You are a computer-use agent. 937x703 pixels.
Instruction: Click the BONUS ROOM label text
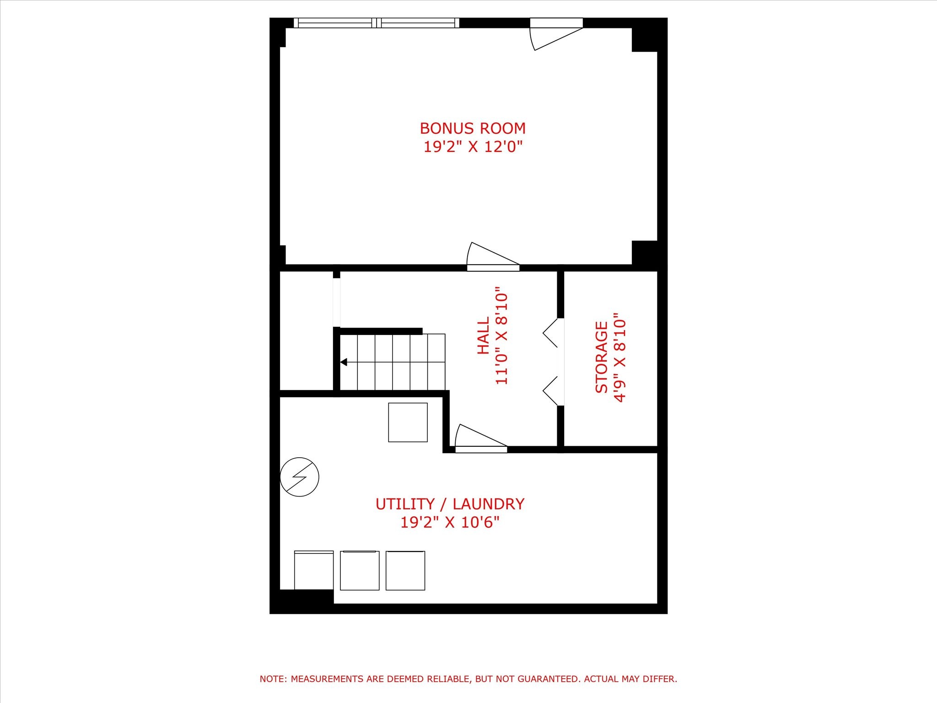[473, 128]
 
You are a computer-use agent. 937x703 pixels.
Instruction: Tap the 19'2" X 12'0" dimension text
[473, 147]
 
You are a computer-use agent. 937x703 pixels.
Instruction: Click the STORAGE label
[601, 357]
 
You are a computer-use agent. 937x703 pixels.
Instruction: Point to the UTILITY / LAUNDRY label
[450, 504]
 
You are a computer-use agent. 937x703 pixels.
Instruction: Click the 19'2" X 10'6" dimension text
[450, 522]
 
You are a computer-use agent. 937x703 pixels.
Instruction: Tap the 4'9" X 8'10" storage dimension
[619, 357]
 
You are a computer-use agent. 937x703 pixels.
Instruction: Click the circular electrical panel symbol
[299, 476]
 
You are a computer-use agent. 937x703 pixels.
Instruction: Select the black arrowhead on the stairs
[344, 362]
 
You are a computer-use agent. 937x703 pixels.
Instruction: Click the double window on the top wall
[376, 23]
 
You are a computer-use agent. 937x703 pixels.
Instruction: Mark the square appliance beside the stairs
[408, 422]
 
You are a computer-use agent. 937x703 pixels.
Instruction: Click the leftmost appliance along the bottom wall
[313, 570]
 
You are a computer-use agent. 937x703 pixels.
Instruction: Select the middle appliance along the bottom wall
[360, 570]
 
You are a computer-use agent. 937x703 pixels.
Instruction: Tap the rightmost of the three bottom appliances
[405, 570]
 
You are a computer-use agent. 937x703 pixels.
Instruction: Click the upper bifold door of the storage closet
[551, 333]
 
